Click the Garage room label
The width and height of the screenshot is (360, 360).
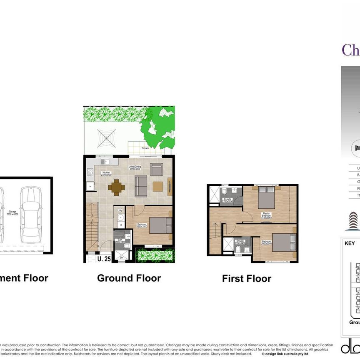pos(12,212)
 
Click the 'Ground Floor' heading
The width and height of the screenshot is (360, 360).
pos(129,278)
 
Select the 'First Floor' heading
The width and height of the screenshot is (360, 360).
pos(247,279)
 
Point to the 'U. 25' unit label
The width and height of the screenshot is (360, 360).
pos(104,259)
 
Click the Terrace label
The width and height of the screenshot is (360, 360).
pos(145,148)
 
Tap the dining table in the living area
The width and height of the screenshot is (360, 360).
pos(116,187)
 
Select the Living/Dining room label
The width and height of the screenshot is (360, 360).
pos(136,169)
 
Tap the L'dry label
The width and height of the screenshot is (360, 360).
pos(120,210)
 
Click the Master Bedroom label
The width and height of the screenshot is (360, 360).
pos(267,215)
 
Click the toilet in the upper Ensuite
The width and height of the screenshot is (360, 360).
pos(224,192)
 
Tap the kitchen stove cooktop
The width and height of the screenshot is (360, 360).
pos(90,171)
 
